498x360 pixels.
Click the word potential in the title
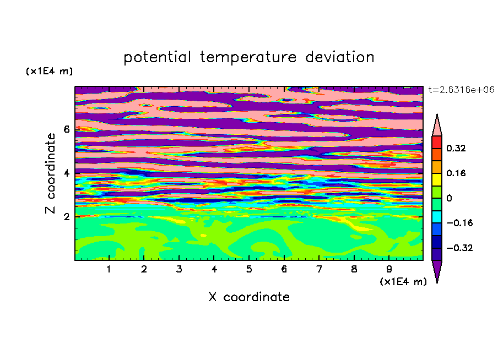pos(157,58)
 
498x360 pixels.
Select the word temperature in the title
pos(248,57)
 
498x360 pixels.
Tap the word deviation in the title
pos(340,57)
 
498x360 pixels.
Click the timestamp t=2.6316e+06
pos(461,90)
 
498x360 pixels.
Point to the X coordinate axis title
pos(249,297)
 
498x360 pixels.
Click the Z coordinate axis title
pos(50,173)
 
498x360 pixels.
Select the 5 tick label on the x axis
pos(249,269)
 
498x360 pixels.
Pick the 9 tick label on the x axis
pos(389,269)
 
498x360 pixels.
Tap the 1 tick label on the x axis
pos(109,269)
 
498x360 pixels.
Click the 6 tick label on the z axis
pos(66,129)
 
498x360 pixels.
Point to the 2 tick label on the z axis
pos(66,217)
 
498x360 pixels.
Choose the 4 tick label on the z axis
pos(66,173)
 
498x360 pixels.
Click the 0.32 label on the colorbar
pos(456,148)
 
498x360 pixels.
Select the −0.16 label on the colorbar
pos(459,223)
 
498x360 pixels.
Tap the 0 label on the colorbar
pos(449,198)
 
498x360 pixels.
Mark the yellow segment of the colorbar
pos(437,179)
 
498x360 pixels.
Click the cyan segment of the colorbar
pos(437,217)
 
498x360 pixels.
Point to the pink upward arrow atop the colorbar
pos(437,126)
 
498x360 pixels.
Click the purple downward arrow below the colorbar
pos(437,270)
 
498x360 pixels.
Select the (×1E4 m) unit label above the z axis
pos(49,71)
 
